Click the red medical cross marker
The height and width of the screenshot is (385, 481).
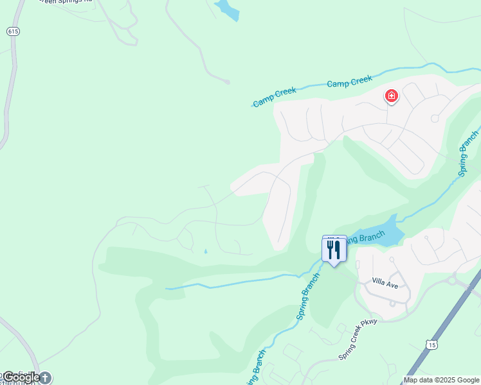(x=391, y=97)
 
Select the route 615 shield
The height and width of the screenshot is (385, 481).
(x=13, y=31)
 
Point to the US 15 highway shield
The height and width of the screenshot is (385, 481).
(x=430, y=345)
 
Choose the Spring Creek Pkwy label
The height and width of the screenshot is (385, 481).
(x=358, y=347)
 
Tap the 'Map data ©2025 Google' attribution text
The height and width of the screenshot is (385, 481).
(x=441, y=380)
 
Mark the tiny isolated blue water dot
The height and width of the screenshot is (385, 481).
(x=206, y=251)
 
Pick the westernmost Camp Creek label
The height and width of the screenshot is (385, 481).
(x=275, y=97)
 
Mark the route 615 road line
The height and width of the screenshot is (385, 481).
(x=8, y=96)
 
